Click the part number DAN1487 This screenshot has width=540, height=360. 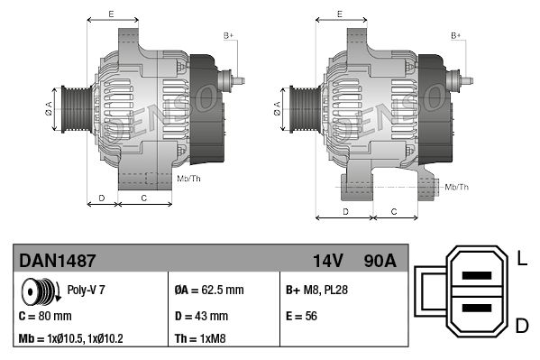58,260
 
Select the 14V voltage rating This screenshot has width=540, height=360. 327,260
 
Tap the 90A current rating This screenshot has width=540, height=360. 379,260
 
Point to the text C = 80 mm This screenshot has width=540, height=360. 45,317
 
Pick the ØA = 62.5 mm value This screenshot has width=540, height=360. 209,291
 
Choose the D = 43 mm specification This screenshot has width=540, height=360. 201,317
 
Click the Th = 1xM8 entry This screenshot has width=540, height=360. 200,341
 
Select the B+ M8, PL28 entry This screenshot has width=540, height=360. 316,291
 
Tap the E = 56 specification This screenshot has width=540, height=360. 300,317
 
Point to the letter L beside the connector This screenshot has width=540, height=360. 522,261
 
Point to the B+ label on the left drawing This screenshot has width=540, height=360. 229,35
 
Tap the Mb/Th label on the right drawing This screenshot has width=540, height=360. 457,187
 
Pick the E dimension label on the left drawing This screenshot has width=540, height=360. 111,14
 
